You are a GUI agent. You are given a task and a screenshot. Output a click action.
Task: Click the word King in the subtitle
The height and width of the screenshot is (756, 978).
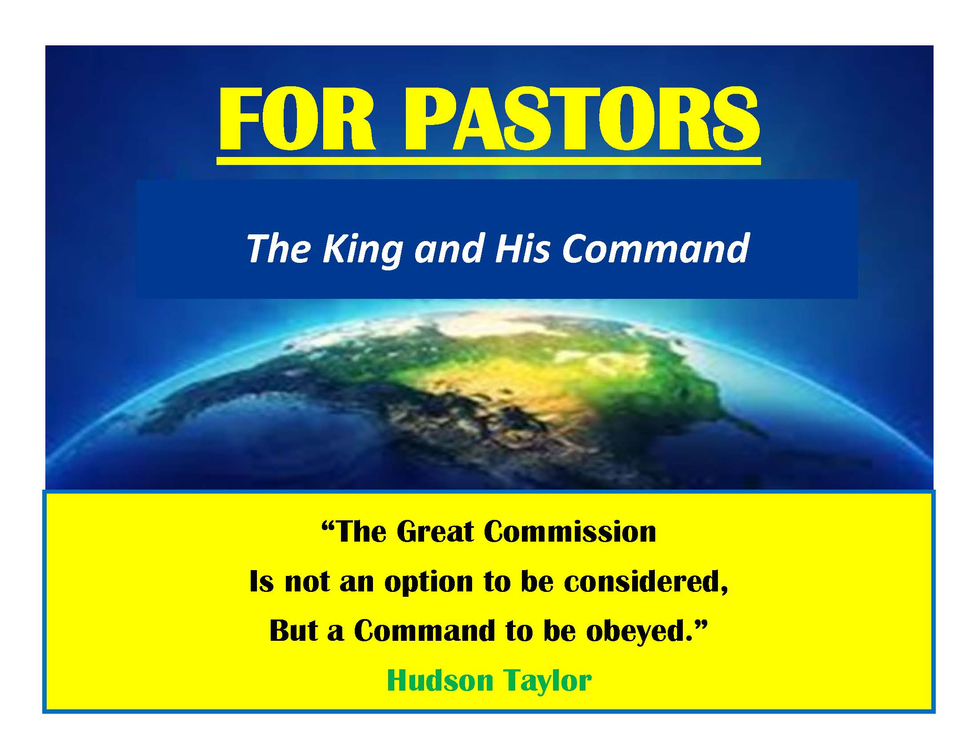tap(361, 249)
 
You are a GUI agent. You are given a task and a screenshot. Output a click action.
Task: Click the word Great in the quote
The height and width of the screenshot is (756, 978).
tap(435, 531)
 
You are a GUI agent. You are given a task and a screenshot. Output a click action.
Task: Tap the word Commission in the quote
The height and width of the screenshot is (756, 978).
tap(570, 531)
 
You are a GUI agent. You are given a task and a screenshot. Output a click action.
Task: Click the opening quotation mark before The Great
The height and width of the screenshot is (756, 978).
tap(328, 526)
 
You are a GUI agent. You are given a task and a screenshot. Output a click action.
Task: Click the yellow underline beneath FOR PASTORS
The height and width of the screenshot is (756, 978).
tap(489, 161)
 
